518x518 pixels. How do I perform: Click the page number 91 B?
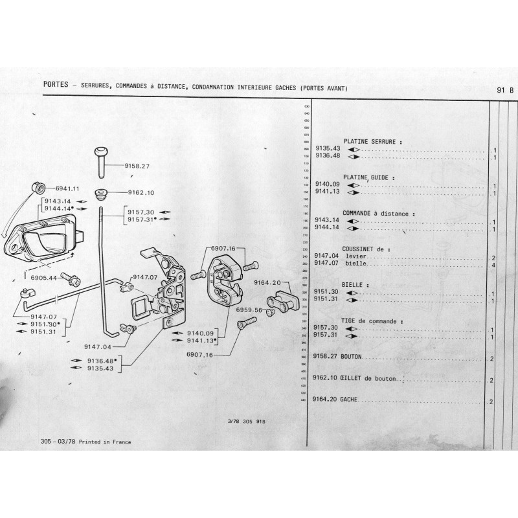click(x=505, y=90)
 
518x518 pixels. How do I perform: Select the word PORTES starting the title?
click(x=53, y=85)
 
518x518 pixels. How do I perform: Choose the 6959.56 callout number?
click(x=249, y=310)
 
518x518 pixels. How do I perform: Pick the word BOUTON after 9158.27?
click(x=354, y=357)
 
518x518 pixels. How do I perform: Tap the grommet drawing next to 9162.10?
click(x=101, y=192)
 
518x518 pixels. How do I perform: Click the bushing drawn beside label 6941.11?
click(x=38, y=189)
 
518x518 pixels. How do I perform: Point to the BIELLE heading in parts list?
click(x=355, y=284)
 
